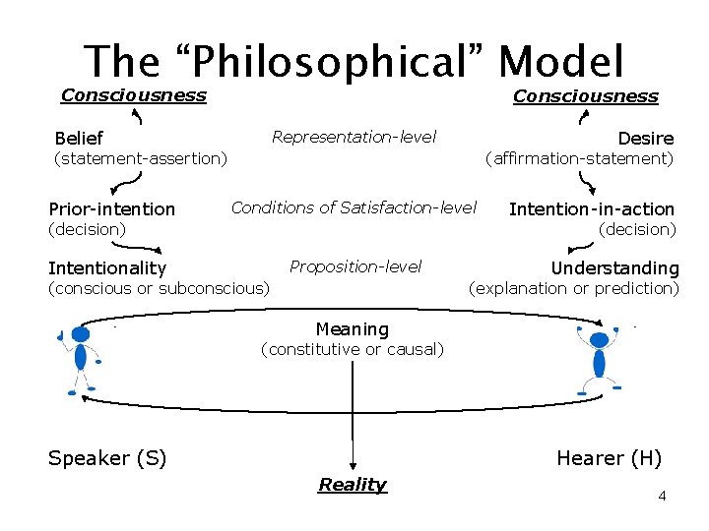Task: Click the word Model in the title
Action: tap(561, 61)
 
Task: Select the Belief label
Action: tap(79, 139)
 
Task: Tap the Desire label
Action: tap(645, 139)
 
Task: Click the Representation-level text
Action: tap(354, 137)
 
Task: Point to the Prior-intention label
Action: tap(111, 208)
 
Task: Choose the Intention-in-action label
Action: tap(591, 208)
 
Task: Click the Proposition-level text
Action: tap(355, 266)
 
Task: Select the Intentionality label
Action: tap(107, 267)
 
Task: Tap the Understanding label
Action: tap(614, 267)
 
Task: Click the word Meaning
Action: tap(352, 329)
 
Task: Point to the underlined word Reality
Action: tap(353, 484)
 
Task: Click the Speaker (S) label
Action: tap(107, 458)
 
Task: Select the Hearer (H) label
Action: tap(609, 458)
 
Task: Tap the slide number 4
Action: tap(662, 496)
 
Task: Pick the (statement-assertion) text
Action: tap(141, 157)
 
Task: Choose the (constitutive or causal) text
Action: tap(352, 349)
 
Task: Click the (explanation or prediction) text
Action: tap(574, 288)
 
